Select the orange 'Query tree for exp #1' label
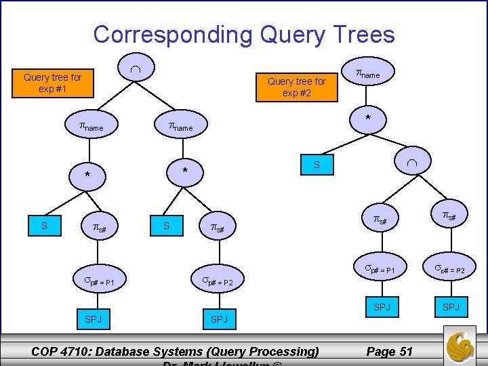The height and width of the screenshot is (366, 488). (53, 83)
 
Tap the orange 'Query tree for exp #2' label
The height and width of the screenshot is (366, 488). (296, 87)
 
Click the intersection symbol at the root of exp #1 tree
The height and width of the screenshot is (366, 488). (136, 68)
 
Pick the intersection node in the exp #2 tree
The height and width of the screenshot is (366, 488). (412, 165)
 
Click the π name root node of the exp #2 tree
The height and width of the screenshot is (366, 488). (367, 74)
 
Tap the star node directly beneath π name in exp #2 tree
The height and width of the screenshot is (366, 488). (368, 119)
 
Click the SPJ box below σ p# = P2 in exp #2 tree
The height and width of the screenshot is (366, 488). (451, 306)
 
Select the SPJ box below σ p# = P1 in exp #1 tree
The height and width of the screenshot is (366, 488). (93, 318)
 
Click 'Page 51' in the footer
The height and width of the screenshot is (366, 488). (389, 351)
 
